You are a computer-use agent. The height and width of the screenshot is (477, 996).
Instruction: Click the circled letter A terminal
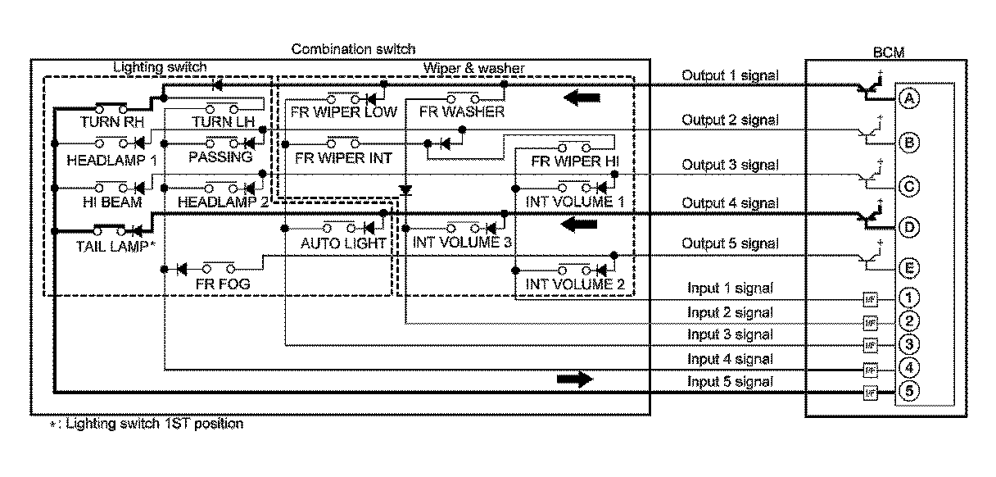tap(908, 98)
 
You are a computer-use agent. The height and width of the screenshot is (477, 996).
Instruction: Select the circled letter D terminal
tap(908, 225)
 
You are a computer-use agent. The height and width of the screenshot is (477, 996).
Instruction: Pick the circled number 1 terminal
tap(908, 298)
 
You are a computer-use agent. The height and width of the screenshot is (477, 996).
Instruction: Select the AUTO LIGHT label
tap(342, 243)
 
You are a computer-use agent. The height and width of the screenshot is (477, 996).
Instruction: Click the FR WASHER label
tap(461, 111)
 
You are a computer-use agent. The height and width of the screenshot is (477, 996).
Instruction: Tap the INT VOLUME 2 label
tap(569, 284)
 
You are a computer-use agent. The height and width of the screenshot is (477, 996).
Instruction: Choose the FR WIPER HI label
tap(575, 161)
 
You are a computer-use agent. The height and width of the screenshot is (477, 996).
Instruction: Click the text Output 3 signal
tap(730, 163)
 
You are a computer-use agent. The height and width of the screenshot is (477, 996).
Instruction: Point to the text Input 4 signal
tap(730, 359)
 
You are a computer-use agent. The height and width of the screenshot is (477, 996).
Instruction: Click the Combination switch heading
tap(353, 49)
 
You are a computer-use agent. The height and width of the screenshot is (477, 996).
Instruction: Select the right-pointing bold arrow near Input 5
tap(573, 379)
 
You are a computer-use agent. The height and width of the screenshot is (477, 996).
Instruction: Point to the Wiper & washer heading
tap(474, 68)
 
